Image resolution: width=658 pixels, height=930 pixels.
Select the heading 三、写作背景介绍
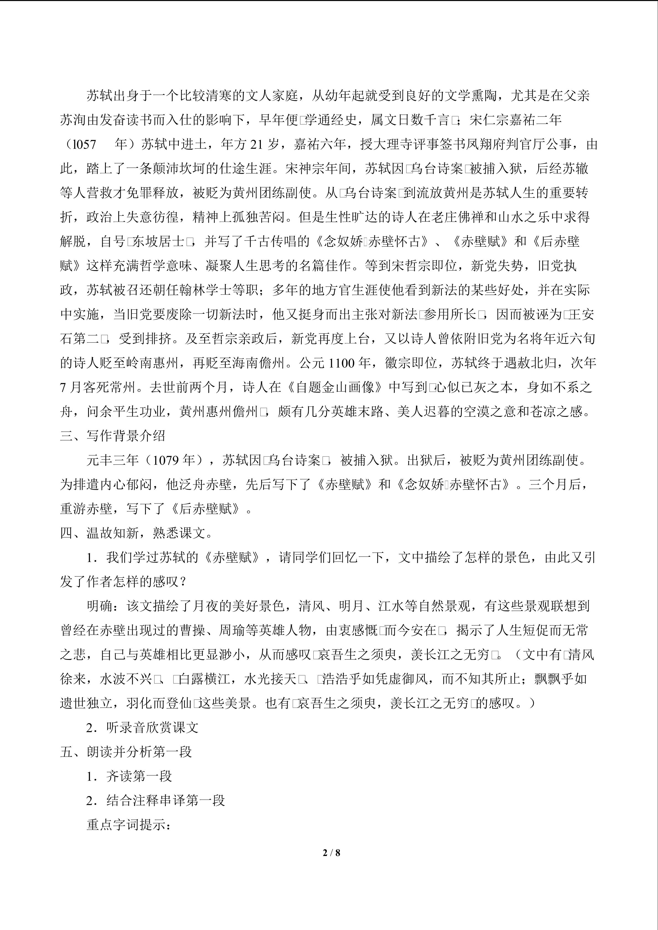coord(113,436)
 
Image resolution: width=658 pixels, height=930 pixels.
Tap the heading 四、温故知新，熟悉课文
coord(136,533)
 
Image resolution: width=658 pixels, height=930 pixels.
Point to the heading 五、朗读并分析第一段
coord(126,752)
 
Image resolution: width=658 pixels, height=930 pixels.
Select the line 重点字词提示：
coord(129,825)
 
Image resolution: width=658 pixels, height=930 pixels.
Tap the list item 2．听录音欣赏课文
coord(142,728)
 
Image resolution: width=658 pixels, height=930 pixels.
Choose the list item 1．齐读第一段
coord(129,776)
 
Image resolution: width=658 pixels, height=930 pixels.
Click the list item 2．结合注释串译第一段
coord(155,800)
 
